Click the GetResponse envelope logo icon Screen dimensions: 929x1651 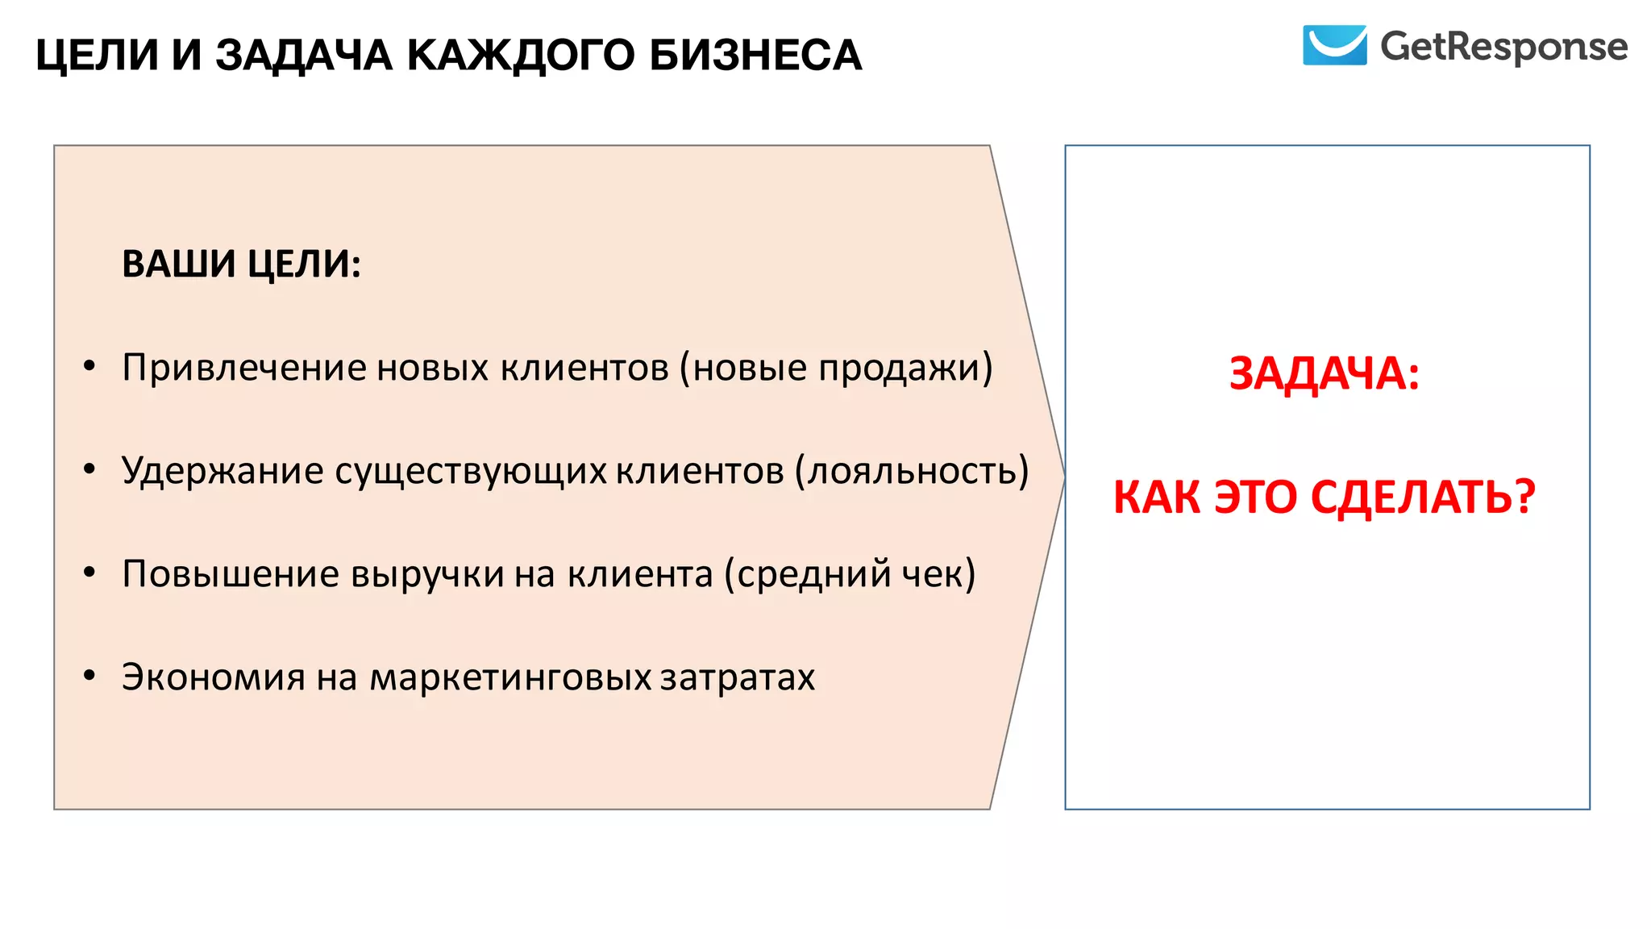tap(1334, 45)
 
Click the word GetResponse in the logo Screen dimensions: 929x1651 tap(1503, 47)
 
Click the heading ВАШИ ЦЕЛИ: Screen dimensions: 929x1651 tap(241, 264)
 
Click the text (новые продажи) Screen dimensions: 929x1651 tap(836, 368)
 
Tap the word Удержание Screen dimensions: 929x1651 tap(222, 470)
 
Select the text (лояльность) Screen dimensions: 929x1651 tap(912, 470)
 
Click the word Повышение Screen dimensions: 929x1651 tap(231, 574)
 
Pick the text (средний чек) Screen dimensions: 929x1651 tap(850, 574)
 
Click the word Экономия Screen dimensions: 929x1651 tap(214, 677)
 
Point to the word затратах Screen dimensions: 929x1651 tap(738, 677)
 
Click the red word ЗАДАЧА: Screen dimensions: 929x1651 tap(1324, 374)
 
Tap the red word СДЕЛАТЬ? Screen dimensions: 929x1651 tap(1423, 497)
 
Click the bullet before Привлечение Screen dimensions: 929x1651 tap(89, 367)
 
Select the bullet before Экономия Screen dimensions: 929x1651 tap(89, 676)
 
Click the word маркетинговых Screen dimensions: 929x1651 tap(510, 677)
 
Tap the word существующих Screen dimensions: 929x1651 tap(471, 471)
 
